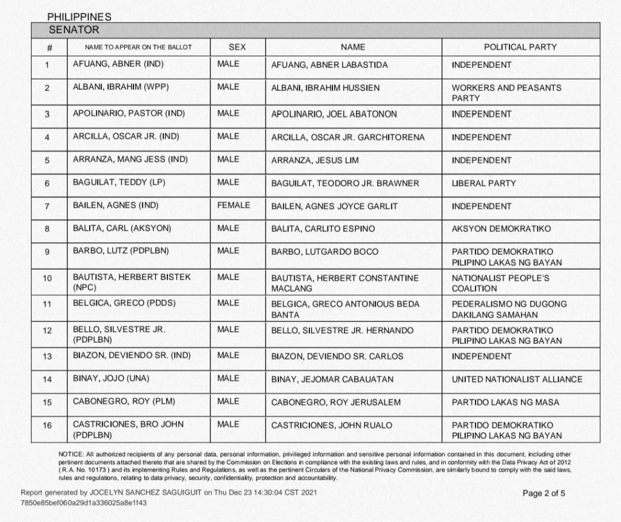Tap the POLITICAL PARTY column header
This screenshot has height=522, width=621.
[x=520, y=47]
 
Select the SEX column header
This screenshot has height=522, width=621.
[x=237, y=47]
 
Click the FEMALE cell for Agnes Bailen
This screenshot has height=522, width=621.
[x=233, y=206]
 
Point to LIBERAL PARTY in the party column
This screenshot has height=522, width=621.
[x=484, y=183]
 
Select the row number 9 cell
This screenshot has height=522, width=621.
[x=47, y=252]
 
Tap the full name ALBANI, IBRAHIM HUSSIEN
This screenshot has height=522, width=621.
[x=325, y=88]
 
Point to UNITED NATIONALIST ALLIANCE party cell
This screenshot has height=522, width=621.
[x=517, y=380]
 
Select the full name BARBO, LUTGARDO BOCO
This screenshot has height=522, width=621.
[x=324, y=252]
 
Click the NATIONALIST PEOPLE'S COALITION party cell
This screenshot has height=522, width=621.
[x=500, y=283]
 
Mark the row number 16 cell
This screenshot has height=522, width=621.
[x=47, y=425]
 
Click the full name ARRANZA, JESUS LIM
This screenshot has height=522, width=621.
[x=315, y=160]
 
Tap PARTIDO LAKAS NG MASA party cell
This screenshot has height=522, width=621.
[x=505, y=403]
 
